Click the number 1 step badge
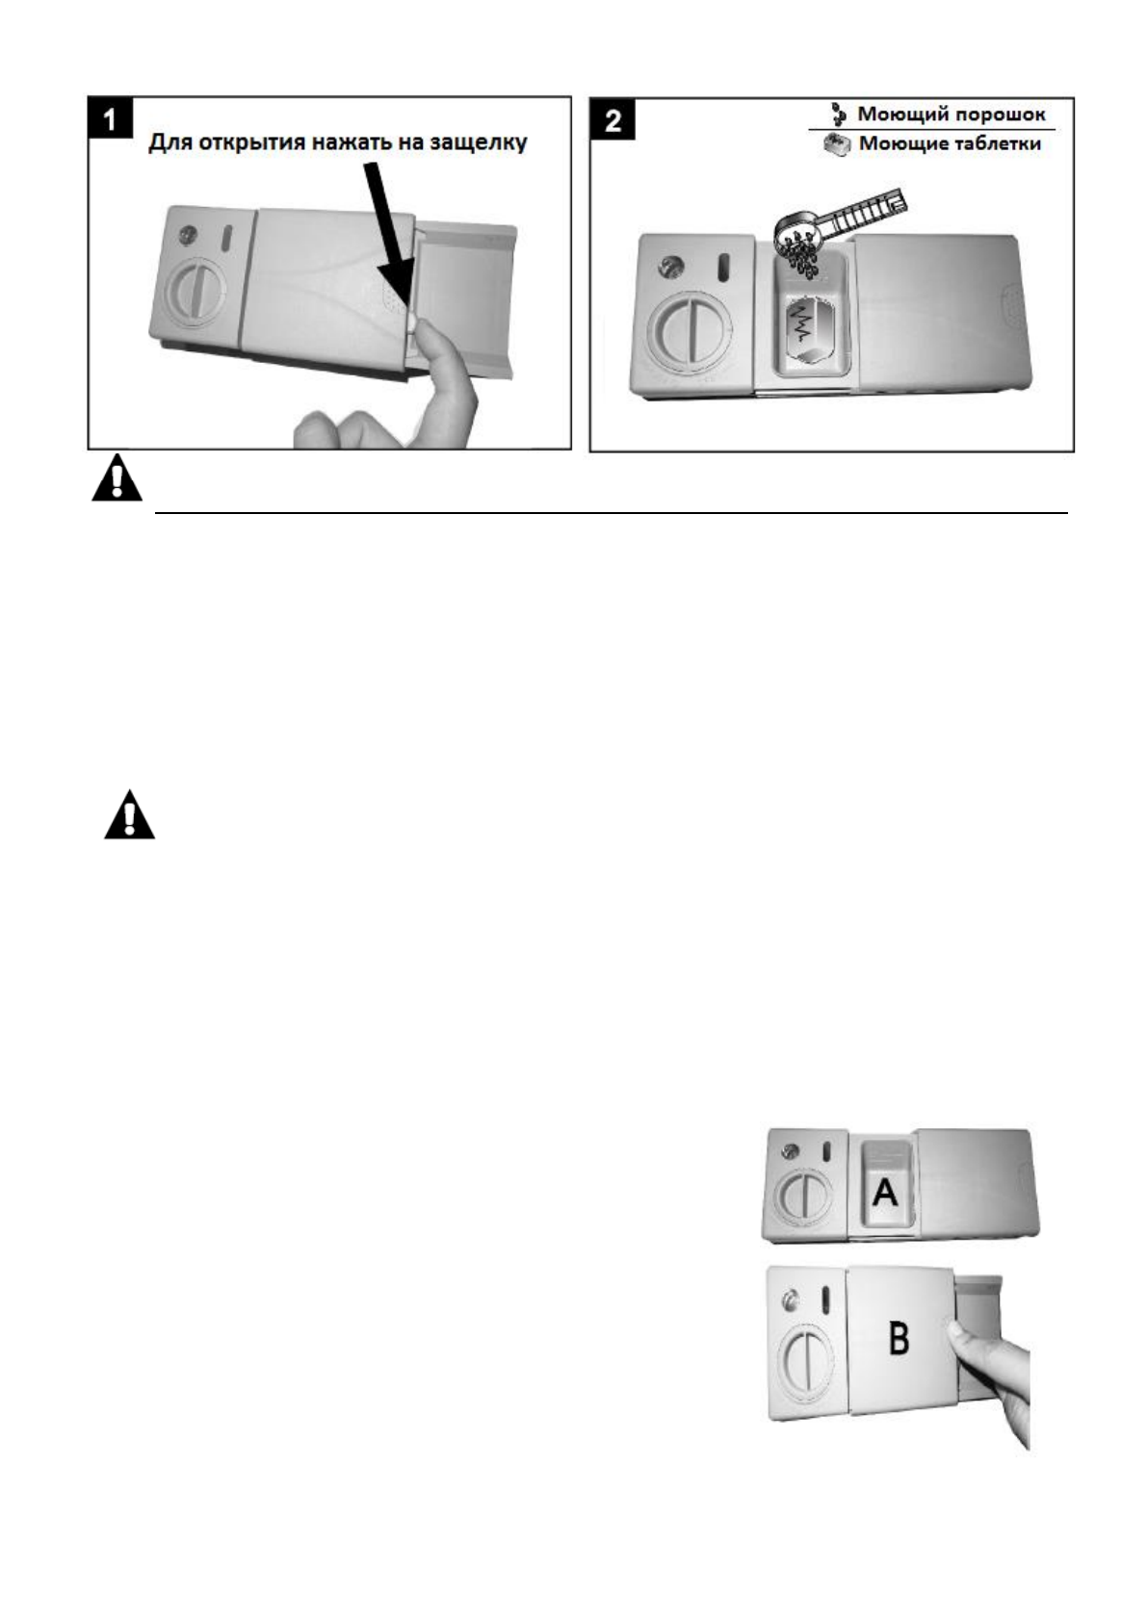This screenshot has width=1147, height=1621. tap(111, 119)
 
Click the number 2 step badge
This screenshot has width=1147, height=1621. tap(612, 121)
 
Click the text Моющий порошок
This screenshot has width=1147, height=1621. tap(951, 115)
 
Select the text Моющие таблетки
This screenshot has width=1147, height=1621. tap(950, 144)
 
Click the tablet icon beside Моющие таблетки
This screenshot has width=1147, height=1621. tap(838, 144)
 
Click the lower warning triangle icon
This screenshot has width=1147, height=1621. tap(129, 815)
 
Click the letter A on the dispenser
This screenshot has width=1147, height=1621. tap(884, 1194)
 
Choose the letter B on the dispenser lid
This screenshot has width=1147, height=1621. tap(898, 1338)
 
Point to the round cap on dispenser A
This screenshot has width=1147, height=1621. tap(796, 1199)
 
